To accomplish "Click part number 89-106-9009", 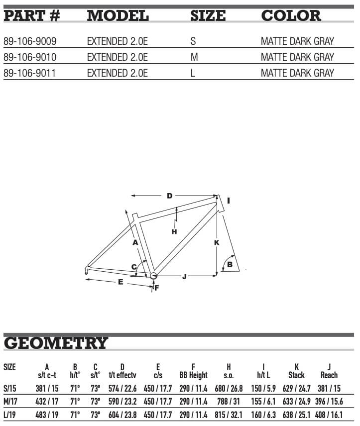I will pyautogui.click(x=29, y=41).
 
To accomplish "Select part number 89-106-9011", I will pyautogui.click(x=29, y=73).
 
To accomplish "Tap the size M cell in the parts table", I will pyautogui.click(x=194, y=57).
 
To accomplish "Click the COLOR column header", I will pyautogui.click(x=291, y=15).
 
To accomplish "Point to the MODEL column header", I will pyautogui.click(x=118, y=15).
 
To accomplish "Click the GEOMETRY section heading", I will pyautogui.click(x=56, y=343).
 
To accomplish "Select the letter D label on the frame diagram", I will pyautogui.click(x=170, y=196).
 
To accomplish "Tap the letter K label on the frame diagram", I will pyautogui.click(x=217, y=242).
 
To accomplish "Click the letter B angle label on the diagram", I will pyautogui.click(x=230, y=264).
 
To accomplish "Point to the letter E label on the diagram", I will pyautogui.click(x=120, y=282).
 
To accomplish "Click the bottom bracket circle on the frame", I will pyautogui.click(x=153, y=275).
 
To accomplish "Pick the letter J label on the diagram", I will pyautogui.click(x=184, y=276).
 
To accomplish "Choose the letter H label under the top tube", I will pyautogui.click(x=174, y=231).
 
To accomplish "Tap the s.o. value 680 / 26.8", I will pyautogui.click(x=229, y=387).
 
